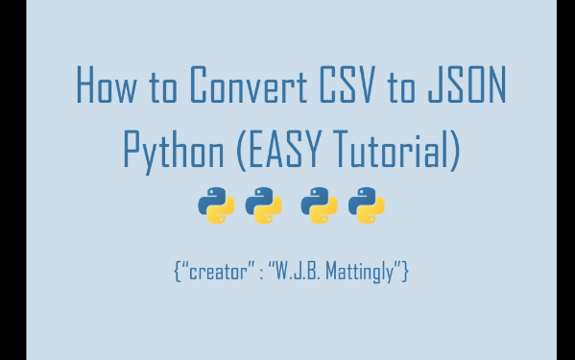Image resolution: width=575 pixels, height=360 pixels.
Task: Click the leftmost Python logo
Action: (x=216, y=206)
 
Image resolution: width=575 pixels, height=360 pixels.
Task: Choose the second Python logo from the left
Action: (x=263, y=206)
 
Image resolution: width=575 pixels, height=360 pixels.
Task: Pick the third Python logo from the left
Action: (x=319, y=206)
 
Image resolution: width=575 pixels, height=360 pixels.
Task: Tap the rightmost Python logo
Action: (x=366, y=206)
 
